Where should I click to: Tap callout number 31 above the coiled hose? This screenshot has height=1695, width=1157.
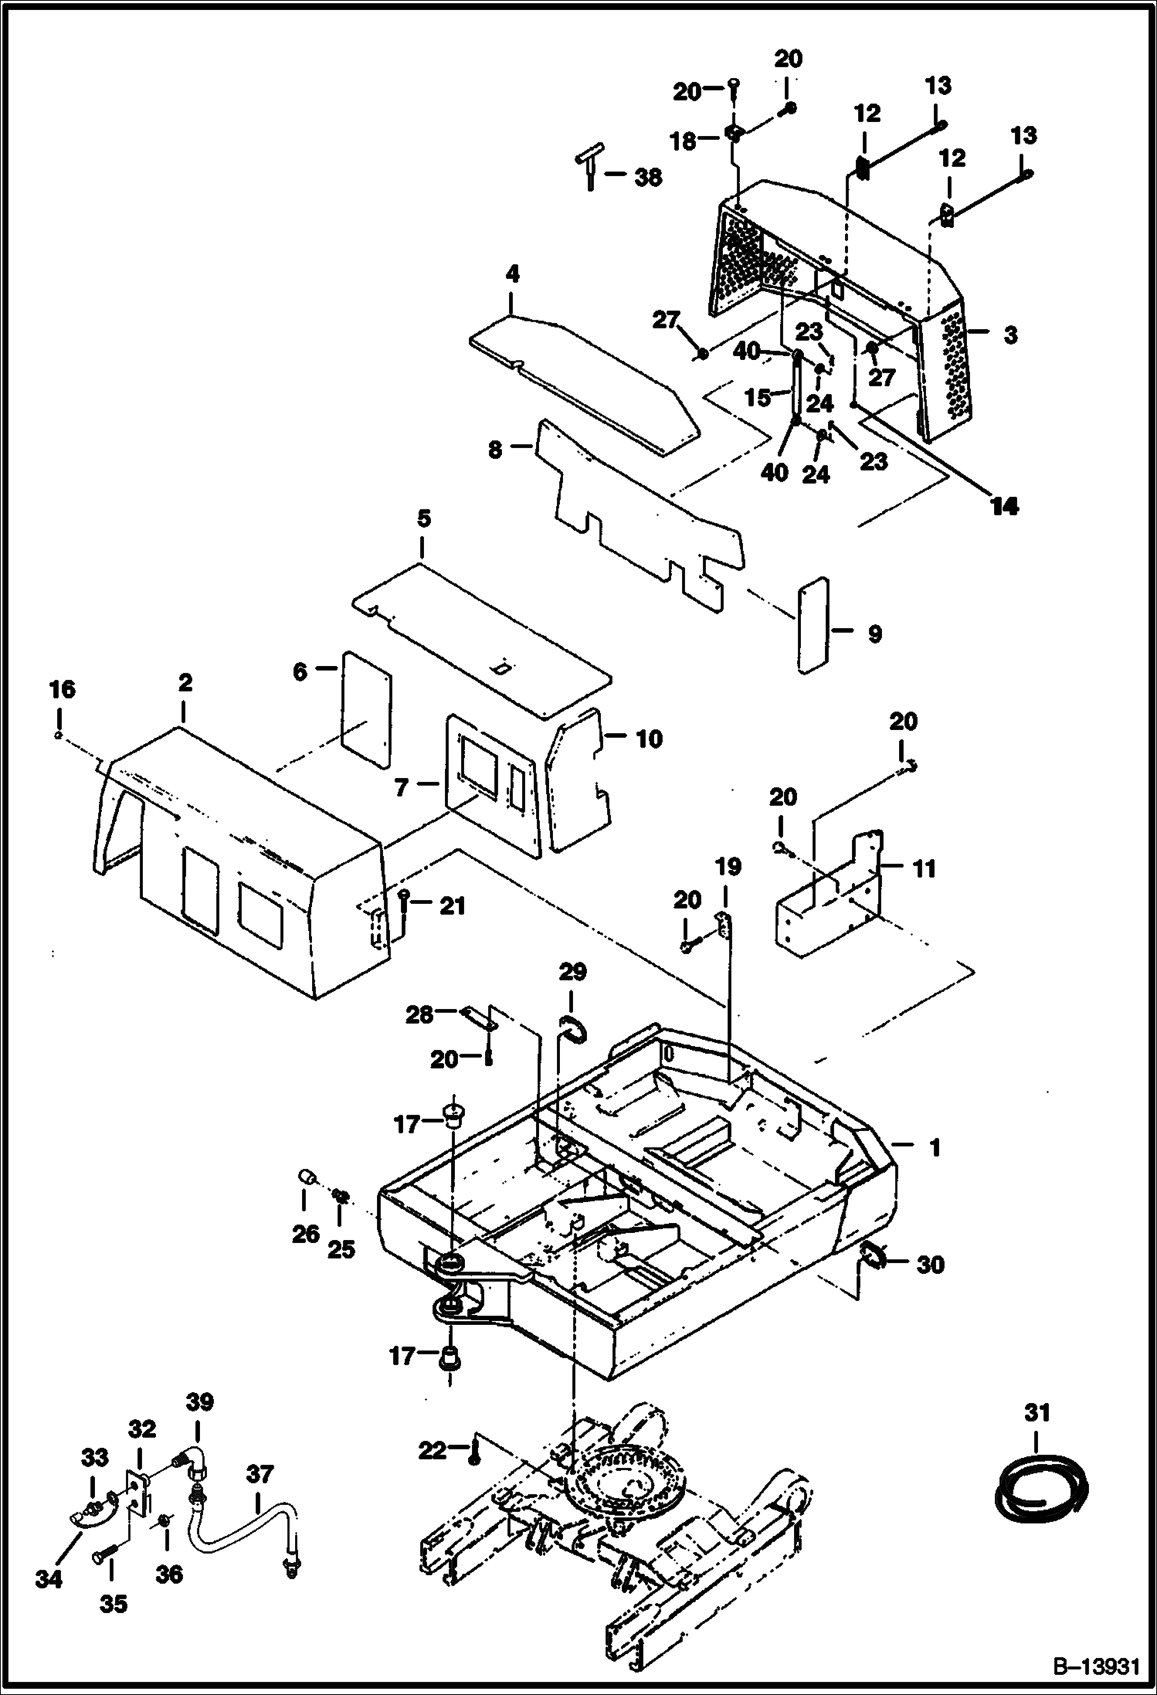click(1037, 1413)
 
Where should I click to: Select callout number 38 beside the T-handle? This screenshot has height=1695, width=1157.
click(647, 177)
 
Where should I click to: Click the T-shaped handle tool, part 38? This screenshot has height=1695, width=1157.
click(587, 165)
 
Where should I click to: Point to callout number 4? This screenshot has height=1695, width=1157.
click(513, 273)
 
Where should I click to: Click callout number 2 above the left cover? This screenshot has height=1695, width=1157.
click(185, 683)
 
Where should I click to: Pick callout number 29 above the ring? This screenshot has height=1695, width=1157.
click(572, 972)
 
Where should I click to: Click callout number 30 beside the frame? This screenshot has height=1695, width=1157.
click(930, 1265)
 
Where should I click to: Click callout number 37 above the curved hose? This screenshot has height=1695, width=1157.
click(260, 1474)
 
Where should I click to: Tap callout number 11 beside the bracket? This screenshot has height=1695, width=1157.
click(924, 868)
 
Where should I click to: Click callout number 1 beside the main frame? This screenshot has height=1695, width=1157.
click(935, 1148)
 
